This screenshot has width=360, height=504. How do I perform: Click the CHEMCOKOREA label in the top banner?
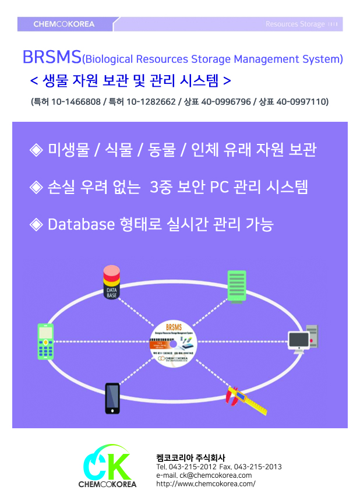click(63, 24)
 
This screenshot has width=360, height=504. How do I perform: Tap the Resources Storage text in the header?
click(295, 24)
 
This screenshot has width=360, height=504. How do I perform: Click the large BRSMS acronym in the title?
click(52, 58)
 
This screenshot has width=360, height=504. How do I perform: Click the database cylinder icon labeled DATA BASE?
click(111, 283)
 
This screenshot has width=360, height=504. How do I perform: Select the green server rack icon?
click(236, 286)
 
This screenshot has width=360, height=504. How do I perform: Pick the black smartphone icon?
click(112, 398)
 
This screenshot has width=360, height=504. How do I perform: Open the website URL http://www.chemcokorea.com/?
click(206, 484)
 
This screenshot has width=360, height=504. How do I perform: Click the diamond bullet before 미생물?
click(37, 150)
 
